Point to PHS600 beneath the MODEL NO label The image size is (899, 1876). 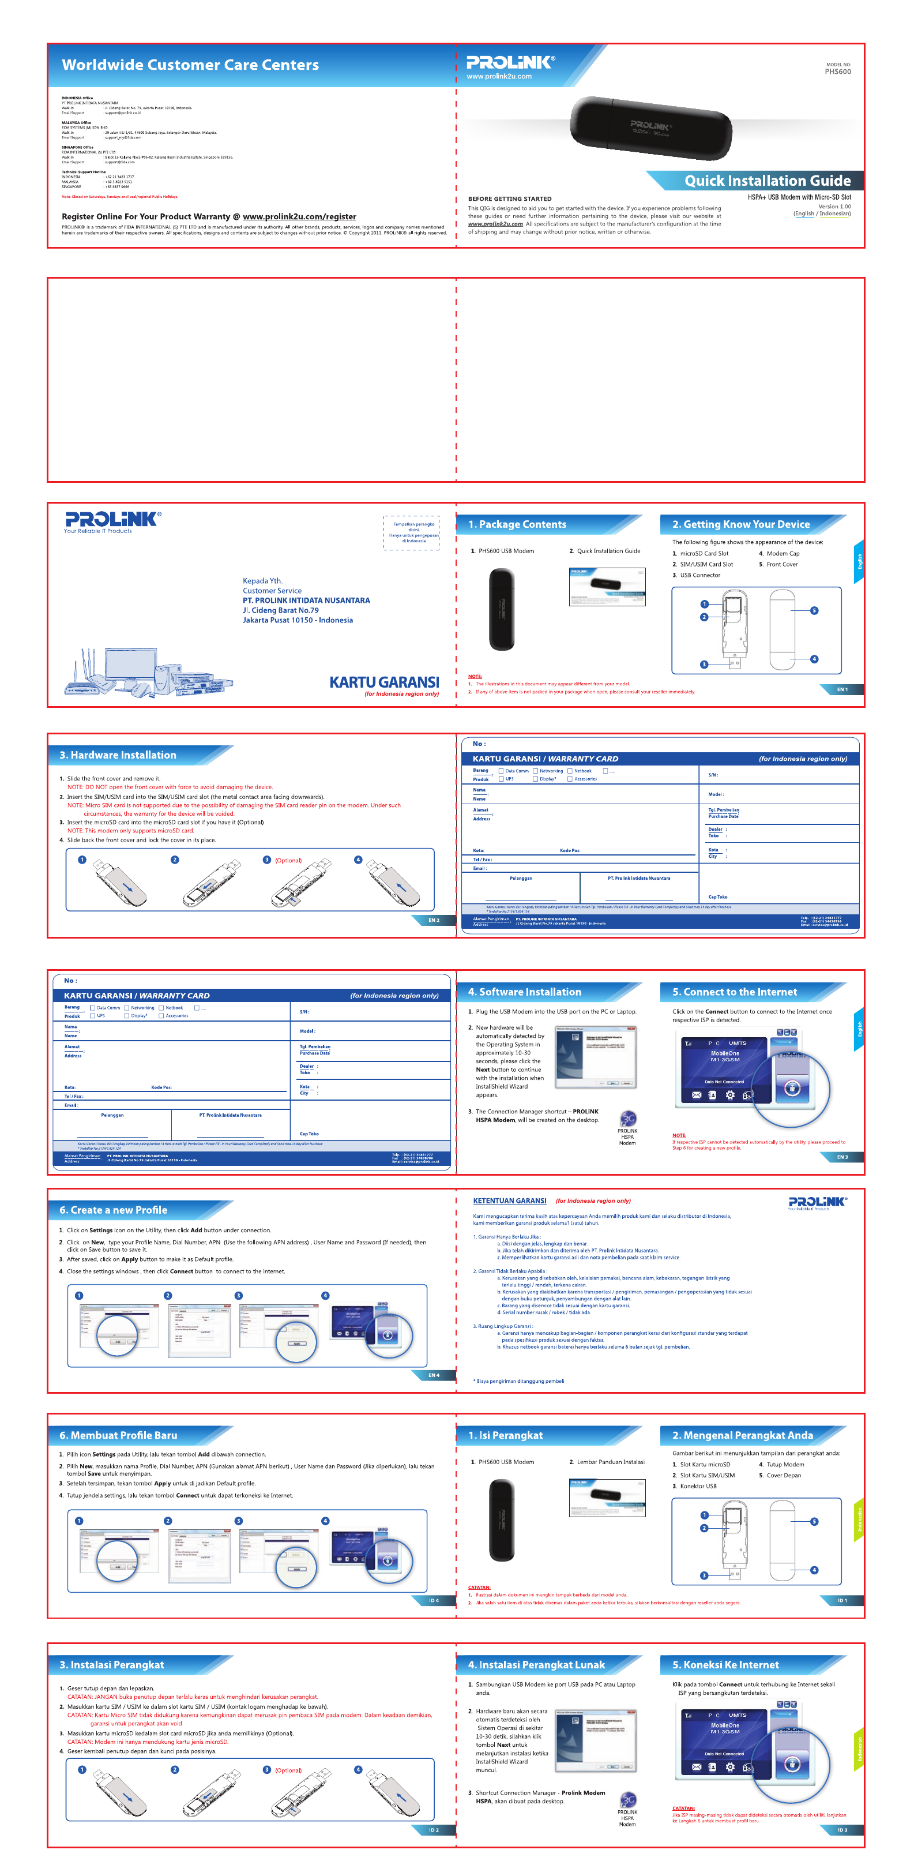[837, 72]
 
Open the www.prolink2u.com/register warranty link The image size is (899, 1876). [299, 216]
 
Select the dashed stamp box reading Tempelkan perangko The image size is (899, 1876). [411, 532]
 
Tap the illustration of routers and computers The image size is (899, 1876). [149, 672]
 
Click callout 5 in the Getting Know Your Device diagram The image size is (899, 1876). [814, 610]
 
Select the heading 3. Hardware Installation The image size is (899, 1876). [118, 755]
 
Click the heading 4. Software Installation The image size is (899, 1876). [524, 992]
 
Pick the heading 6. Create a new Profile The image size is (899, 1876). [114, 1210]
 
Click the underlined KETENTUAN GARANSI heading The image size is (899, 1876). [510, 1201]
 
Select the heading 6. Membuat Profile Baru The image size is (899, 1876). [119, 1435]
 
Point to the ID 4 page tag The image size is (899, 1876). [433, 1600]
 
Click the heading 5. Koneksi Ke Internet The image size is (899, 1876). [725, 1664]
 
